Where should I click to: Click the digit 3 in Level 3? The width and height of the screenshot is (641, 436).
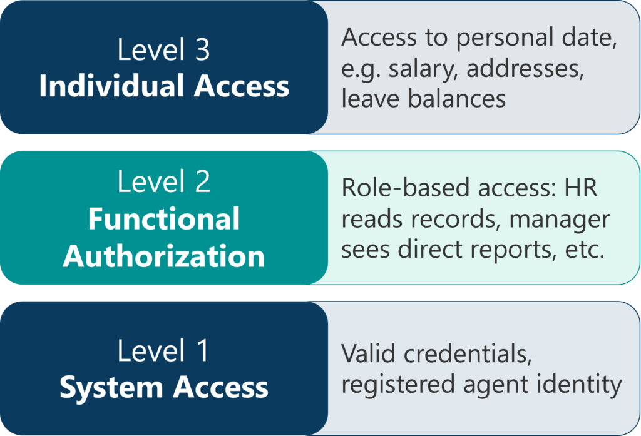coord(202,50)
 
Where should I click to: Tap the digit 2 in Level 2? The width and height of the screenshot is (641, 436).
coord(202,181)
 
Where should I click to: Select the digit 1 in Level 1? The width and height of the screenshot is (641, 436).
coord(202,350)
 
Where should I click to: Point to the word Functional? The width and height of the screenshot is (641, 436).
coord(164,218)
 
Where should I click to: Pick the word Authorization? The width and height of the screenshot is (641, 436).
coord(164,256)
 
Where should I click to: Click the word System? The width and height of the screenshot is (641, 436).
coord(111,387)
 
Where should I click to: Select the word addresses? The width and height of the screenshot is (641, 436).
coord(525,68)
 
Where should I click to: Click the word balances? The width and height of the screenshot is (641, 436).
coord(457,98)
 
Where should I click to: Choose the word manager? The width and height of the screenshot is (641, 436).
coord(560,220)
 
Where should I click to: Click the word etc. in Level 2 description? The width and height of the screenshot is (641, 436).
coord(585,250)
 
